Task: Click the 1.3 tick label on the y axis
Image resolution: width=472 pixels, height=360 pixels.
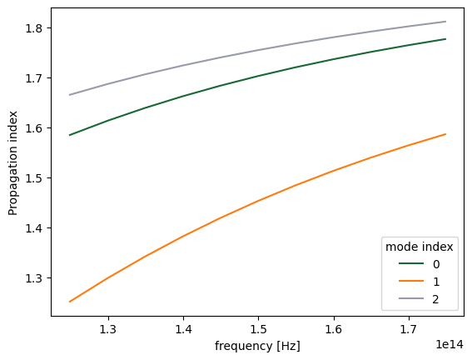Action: (36, 278)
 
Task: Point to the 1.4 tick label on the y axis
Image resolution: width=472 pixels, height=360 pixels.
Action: (36, 228)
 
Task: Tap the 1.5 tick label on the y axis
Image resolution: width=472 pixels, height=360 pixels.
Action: (36, 178)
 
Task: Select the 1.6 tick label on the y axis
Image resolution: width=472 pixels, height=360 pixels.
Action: (36, 128)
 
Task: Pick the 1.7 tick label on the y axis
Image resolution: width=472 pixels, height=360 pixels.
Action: (36, 78)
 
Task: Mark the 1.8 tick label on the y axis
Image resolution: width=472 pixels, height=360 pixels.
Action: (36, 28)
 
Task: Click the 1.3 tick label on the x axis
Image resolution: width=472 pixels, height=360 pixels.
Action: (108, 331)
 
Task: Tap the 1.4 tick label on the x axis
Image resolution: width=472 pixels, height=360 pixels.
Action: (183, 331)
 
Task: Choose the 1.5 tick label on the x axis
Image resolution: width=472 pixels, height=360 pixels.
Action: (258, 331)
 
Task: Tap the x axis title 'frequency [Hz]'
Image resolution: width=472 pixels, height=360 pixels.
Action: (258, 346)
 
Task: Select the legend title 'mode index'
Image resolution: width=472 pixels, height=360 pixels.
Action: (418, 246)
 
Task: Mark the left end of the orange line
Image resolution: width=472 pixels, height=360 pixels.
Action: (70, 302)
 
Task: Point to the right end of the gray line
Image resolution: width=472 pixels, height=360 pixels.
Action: (446, 22)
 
